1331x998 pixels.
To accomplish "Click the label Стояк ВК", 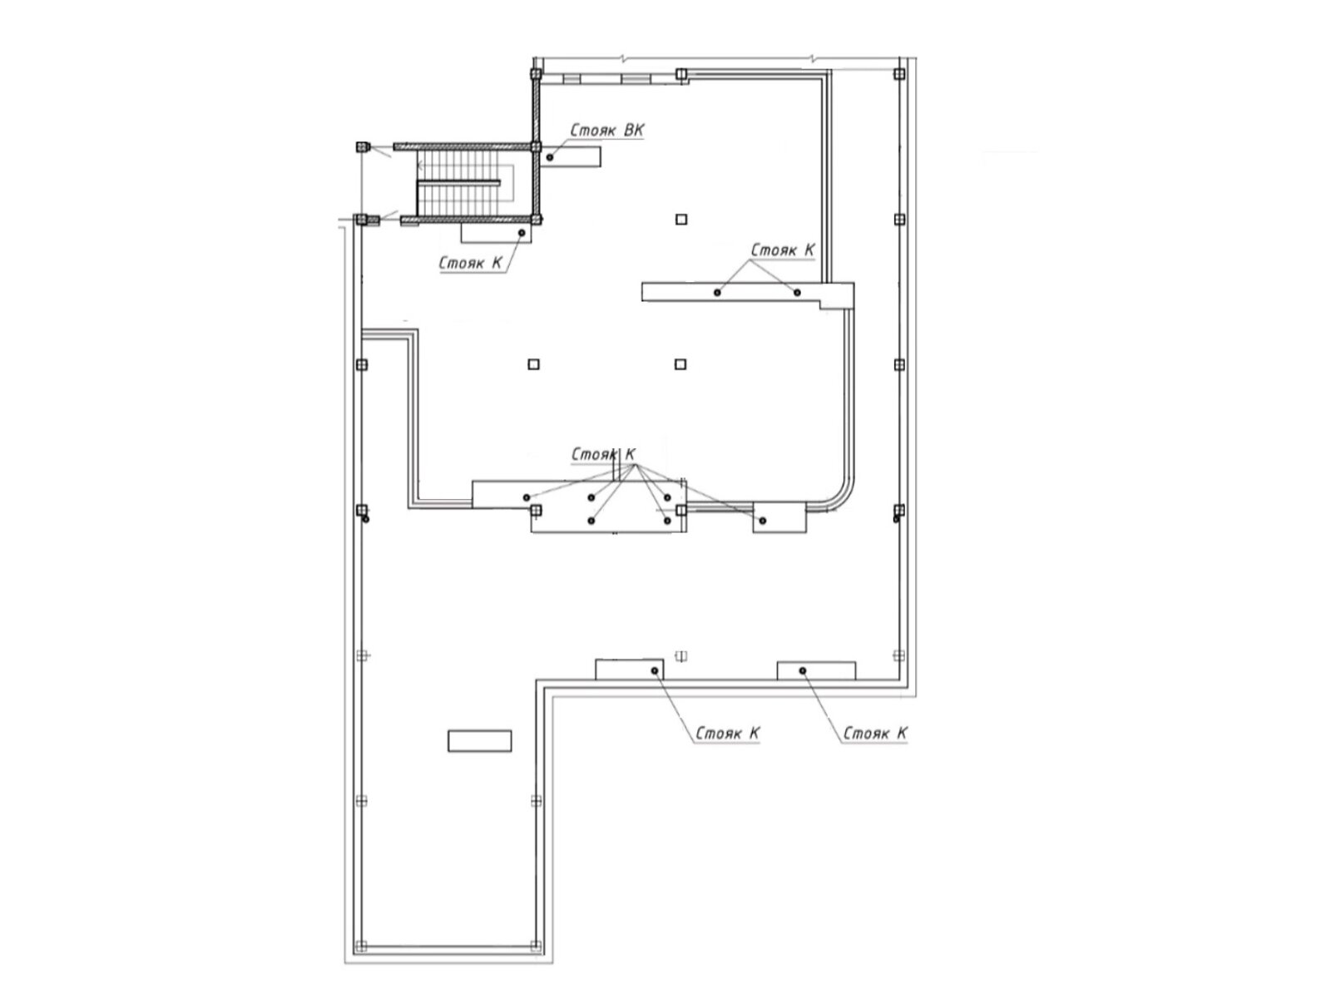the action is [x=606, y=131].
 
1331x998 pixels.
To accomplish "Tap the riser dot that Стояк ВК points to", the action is [x=550, y=157].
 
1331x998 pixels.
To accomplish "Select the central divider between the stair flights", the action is [x=458, y=182].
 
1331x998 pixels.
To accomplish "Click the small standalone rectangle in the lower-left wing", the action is [x=480, y=741].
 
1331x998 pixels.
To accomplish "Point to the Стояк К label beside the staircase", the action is [x=471, y=263].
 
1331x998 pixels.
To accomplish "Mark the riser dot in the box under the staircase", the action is [x=522, y=233].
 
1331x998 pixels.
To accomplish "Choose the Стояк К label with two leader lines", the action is [x=783, y=249].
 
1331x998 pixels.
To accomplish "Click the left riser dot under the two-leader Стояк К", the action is [x=717, y=293].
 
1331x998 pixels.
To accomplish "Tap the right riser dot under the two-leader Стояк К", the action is [x=798, y=293].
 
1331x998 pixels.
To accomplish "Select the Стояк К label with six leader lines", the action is [x=603, y=454].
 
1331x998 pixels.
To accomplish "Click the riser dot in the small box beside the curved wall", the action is [x=763, y=521].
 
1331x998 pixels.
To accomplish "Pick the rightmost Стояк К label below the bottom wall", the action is [x=875, y=734].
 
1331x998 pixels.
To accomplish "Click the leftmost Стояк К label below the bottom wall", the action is [x=727, y=734].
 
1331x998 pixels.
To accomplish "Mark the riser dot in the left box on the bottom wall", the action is [x=655, y=671].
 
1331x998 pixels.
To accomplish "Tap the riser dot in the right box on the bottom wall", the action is [x=803, y=671].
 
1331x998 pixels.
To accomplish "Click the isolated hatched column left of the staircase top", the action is [x=361, y=146].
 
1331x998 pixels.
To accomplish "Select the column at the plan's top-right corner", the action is [x=899, y=74].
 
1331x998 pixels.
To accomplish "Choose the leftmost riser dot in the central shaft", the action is [x=527, y=497].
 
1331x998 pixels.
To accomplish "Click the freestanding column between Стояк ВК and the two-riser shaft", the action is [x=681, y=220].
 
